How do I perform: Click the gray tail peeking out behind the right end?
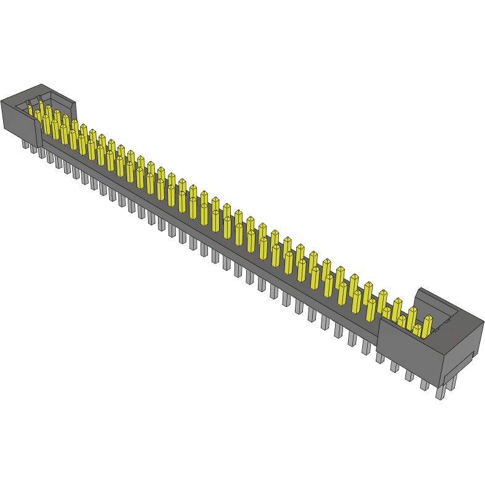pyautogui.click(x=452, y=383)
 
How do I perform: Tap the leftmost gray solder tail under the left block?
pyautogui.click(x=25, y=144)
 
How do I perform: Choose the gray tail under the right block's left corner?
pyautogui.click(x=380, y=357)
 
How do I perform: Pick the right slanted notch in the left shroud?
pyautogui.click(x=40, y=99)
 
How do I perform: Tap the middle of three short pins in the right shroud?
pyautogui.click(x=402, y=321)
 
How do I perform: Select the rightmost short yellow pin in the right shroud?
pyautogui.click(x=417, y=330)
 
